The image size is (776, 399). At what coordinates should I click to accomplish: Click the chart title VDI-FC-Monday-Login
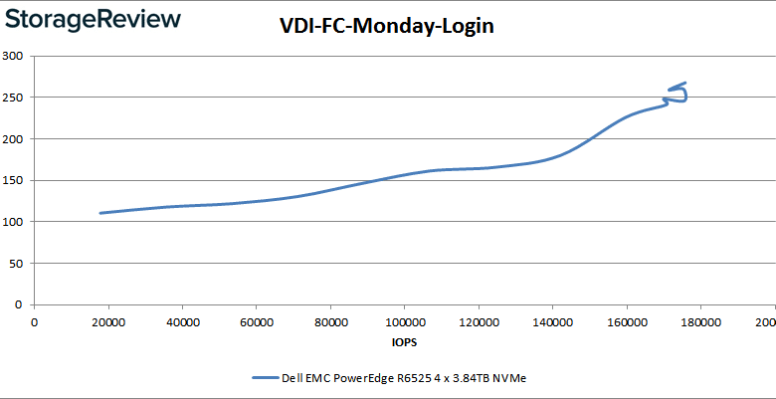386,27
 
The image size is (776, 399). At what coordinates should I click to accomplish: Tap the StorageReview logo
92,19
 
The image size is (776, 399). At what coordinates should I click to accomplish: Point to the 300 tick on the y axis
13,56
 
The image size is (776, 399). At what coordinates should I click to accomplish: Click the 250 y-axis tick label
13,98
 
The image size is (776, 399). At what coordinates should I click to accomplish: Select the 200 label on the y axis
13,139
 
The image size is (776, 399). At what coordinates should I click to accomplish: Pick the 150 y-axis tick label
13,181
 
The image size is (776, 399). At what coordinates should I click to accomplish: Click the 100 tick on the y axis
13,222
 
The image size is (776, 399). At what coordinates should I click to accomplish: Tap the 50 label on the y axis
16,264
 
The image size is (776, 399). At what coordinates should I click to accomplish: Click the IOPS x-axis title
404,343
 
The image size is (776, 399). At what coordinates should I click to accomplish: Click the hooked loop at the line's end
679,94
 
